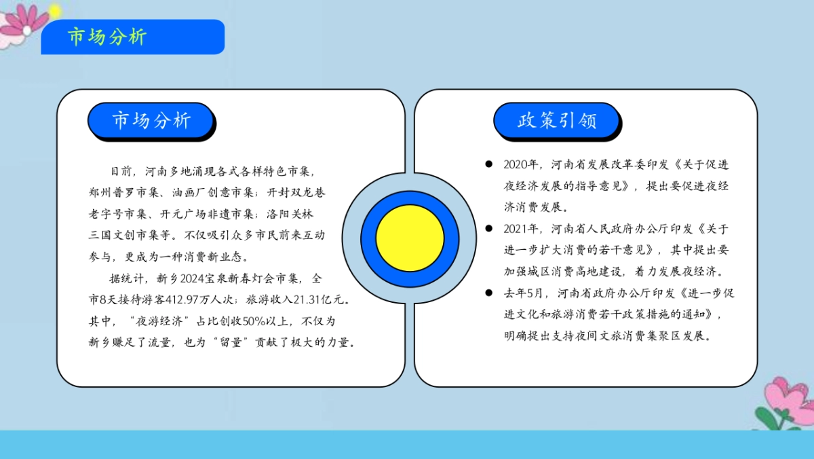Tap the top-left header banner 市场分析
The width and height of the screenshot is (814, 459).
[x=132, y=37]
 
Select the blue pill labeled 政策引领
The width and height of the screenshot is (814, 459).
[x=557, y=121]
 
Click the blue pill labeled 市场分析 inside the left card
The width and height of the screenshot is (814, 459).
[x=151, y=121]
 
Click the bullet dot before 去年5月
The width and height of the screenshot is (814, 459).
[x=488, y=293]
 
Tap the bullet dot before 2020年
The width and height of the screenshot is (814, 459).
[x=488, y=164]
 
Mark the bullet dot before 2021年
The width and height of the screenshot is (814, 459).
[x=488, y=229]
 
